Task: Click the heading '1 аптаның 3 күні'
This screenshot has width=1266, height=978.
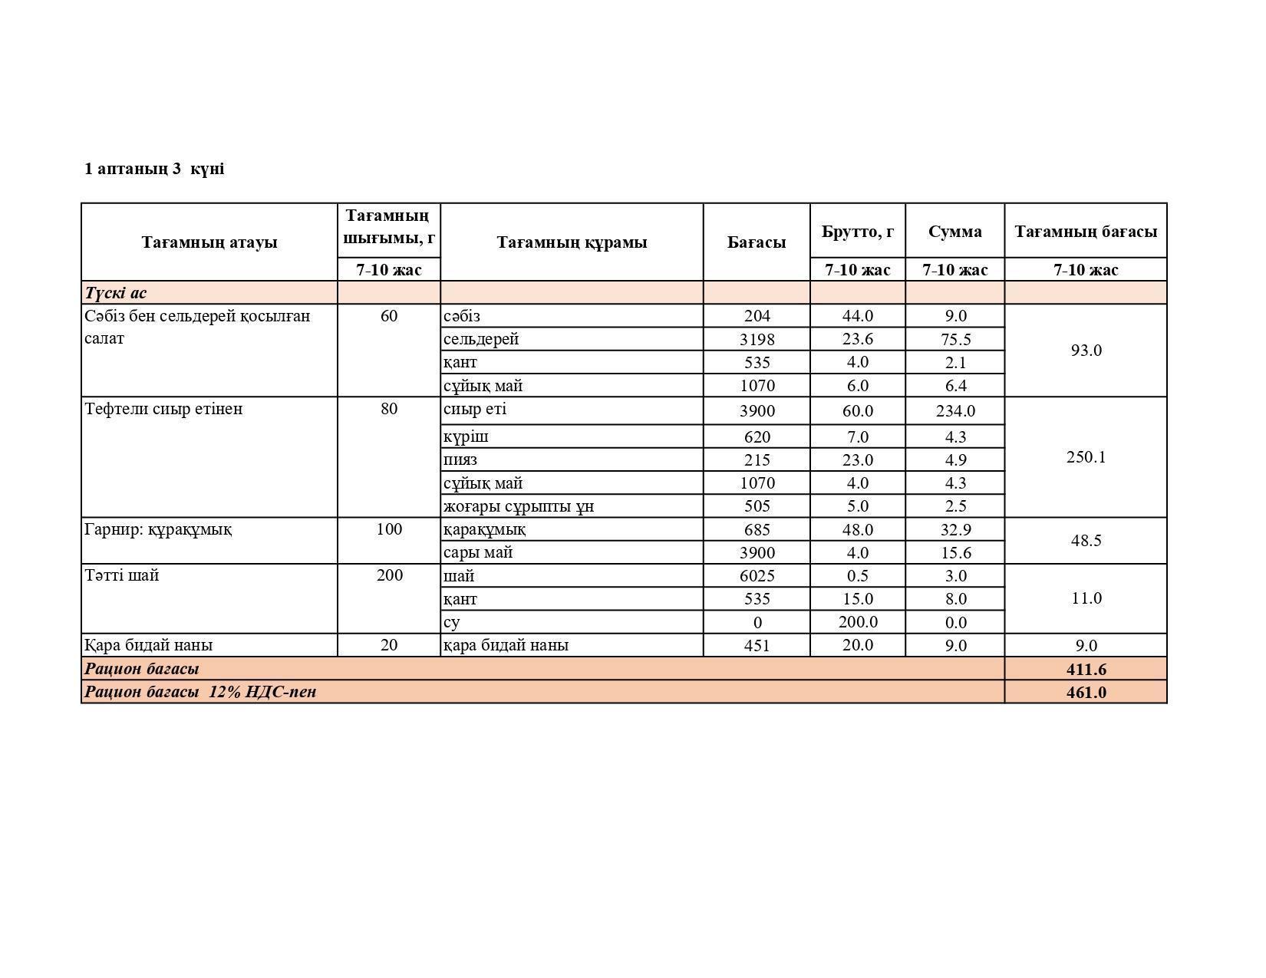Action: [x=154, y=169]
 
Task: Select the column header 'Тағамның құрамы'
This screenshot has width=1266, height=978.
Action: [x=572, y=242]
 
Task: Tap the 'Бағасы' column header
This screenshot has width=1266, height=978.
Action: [x=757, y=242]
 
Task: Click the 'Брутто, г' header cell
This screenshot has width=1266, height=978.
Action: [x=857, y=231]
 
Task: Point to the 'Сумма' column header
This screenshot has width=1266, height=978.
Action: [x=954, y=231]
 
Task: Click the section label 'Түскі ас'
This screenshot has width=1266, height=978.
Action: [x=116, y=293]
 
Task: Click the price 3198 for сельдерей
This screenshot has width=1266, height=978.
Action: [x=757, y=339]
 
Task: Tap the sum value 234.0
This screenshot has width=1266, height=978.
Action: [x=955, y=411]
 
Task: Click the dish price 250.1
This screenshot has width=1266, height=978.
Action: [x=1086, y=457]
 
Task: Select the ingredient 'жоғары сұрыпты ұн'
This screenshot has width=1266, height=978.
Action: [x=519, y=506]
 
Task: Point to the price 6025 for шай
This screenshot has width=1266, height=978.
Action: [x=757, y=576]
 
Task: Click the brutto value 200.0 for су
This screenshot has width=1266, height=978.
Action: [x=858, y=622]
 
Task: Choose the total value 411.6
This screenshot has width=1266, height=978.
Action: [x=1086, y=669]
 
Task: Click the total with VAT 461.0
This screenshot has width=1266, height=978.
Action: [x=1086, y=692]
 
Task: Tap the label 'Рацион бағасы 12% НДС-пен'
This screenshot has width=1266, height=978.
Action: [x=200, y=692]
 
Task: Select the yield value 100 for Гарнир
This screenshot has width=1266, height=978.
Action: [x=389, y=529]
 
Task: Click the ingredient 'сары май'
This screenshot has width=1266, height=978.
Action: [x=478, y=552]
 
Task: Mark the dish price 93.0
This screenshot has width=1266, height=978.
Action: [x=1086, y=351]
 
